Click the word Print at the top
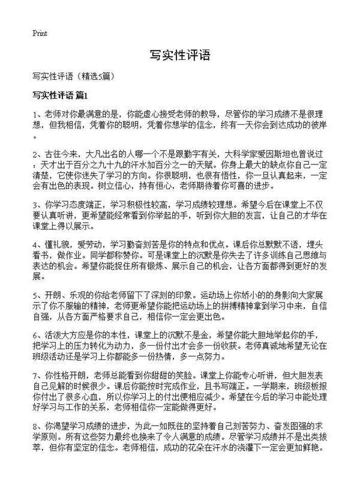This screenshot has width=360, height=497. pos(40,33)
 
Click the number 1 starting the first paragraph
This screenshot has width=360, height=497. pos(35,114)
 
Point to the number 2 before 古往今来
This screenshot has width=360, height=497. pos(35,153)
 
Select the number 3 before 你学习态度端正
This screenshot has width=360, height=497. pos(35,204)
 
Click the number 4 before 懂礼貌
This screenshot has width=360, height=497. pos(35,244)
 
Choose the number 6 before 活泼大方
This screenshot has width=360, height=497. pos(35,335)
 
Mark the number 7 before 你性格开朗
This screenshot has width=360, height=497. pos(35,375)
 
